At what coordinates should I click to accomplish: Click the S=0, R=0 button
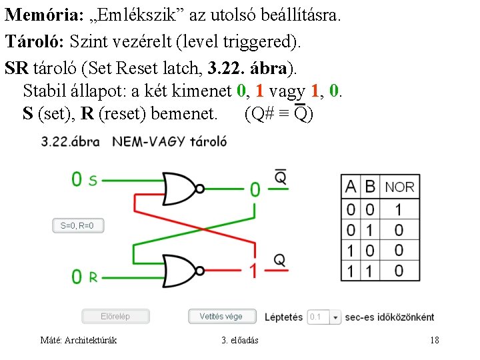point(78,225)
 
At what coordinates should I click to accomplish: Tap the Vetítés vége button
point(221,317)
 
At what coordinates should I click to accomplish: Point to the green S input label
point(93,180)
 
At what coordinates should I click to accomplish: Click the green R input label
point(93,277)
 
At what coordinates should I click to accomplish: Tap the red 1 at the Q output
point(253,270)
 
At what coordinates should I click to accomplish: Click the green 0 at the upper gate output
point(254,190)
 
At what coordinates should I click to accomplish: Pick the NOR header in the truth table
point(399,187)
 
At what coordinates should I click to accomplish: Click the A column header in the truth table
point(351,187)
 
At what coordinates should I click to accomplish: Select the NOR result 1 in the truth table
point(399,210)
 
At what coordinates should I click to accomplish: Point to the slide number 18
point(435,341)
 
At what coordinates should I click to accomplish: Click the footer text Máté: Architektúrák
point(79,341)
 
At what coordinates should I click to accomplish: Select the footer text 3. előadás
point(240,341)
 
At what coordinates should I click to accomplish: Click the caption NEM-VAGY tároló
point(169,141)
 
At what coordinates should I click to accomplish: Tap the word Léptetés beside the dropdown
point(283,317)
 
